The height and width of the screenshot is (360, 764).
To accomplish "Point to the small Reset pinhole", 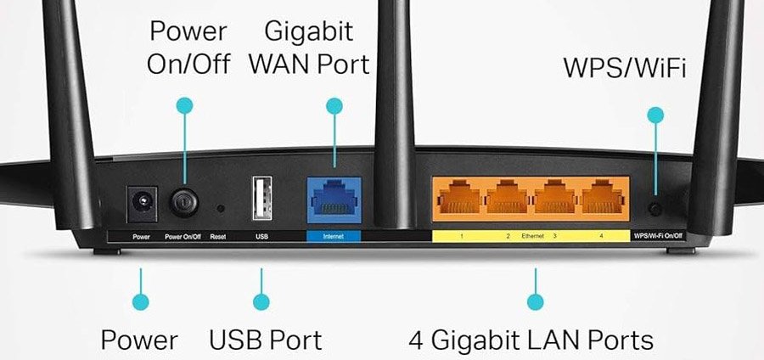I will (x=220, y=206).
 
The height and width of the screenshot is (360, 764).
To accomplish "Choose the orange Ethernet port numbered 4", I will (x=601, y=200).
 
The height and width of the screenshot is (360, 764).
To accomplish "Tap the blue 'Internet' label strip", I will (x=333, y=235).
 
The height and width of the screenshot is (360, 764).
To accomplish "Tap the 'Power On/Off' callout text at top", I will (x=188, y=48).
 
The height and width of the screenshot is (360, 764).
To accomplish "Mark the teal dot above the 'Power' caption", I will (x=141, y=301).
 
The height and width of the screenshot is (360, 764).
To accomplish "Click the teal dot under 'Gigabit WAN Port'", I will (x=334, y=106).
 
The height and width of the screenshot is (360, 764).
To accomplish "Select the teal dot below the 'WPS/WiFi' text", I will (x=654, y=114).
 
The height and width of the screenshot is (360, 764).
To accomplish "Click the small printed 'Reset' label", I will (x=218, y=235).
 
